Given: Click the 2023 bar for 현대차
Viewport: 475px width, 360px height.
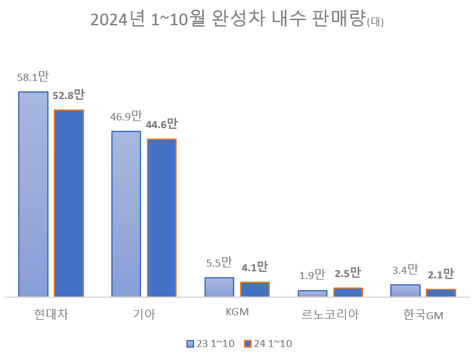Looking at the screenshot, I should [x=33, y=194].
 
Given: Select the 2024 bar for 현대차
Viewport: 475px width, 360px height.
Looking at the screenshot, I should [x=69, y=203].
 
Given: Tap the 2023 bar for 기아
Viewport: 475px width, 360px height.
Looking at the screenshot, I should [x=126, y=214].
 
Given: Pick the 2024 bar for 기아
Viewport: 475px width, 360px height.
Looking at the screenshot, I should [x=162, y=218].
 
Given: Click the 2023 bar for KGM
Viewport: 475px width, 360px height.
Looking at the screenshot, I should [x=219, y=287].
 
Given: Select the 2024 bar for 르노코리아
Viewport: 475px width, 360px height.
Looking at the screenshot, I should [x=348, y=292].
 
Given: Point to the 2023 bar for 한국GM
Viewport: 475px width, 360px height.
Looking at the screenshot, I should [x=405, y=290].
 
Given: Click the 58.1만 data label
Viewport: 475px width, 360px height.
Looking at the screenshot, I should [x=33, y=78].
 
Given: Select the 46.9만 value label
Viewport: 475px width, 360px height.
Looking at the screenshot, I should [x=126, y=117].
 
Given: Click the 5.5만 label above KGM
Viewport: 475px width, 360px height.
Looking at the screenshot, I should [x=219, y=263].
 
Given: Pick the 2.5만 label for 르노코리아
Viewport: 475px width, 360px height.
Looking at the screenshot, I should [x=348, y=273].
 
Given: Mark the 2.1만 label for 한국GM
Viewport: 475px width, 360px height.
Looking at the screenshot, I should [x=441, y=275].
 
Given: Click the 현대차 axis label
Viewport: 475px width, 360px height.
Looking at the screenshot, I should [x=51, y=315].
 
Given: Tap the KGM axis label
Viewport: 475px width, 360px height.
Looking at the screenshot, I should [x=237, y=312].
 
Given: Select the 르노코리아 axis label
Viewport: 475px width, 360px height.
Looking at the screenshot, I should [x=330, y=315].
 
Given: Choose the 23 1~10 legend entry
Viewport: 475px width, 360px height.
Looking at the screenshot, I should [x=210, y=344].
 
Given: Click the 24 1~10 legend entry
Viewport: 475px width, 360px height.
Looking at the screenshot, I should [x=268, y=344].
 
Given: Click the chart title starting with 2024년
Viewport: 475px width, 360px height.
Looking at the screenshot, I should [x=237, y=20].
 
